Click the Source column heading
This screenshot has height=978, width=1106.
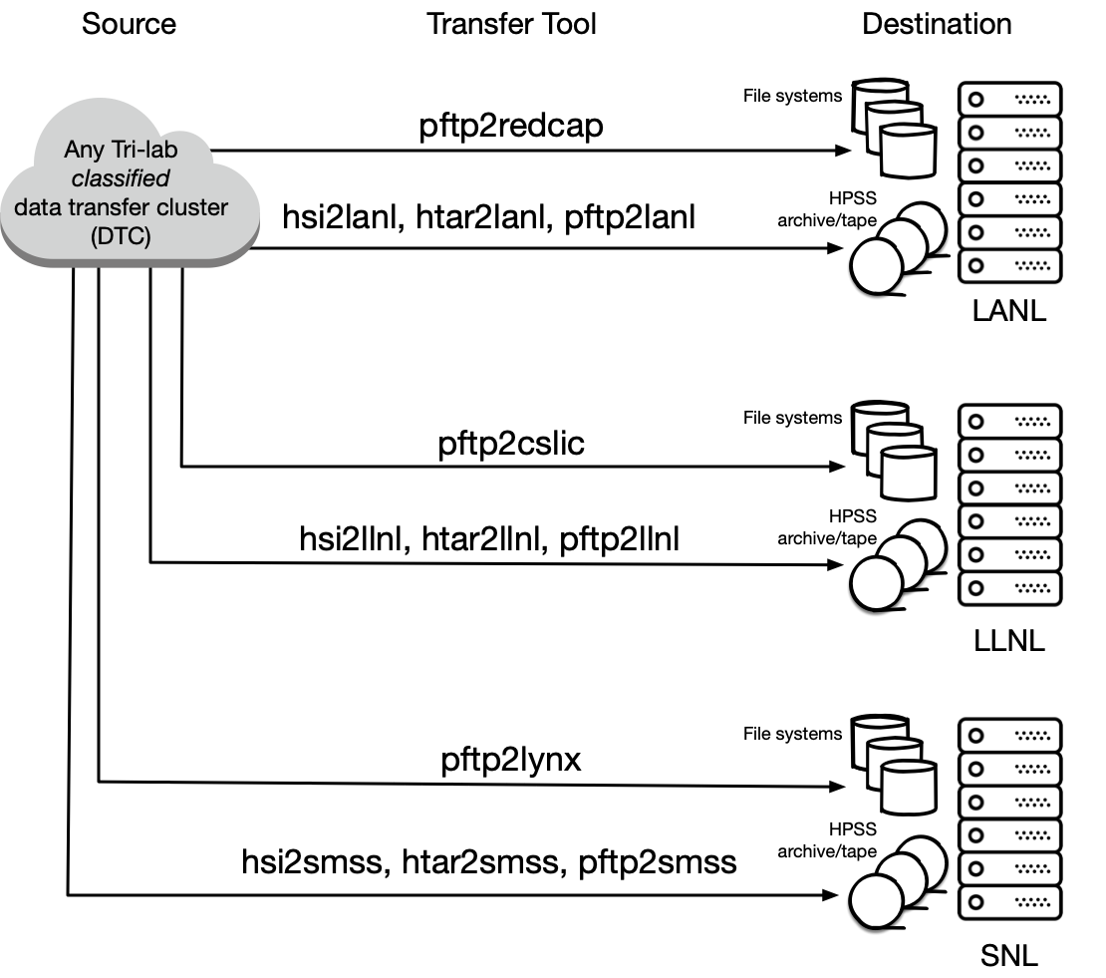click(129, 24)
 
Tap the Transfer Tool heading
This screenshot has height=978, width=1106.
click(511, 24)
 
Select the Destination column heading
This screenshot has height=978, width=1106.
click(937, 24)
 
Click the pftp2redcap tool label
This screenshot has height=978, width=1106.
click(511, 127)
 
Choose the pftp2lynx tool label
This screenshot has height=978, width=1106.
click(511, 761)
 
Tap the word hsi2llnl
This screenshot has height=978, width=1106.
click(354, 539)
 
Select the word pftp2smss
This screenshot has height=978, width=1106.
click(658, 863)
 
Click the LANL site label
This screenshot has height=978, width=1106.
click(1009, 311)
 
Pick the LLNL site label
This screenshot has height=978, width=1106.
click(1009, 641)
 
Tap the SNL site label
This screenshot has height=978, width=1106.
click(1009, 956)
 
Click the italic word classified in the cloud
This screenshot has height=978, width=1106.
click(121, 178)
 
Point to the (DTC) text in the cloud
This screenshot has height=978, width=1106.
click(121, 235)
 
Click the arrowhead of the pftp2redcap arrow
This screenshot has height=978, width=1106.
click(843, 151)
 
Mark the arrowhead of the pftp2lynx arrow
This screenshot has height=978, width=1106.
click(837, 786)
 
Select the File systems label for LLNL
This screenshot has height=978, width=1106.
click(793, 418)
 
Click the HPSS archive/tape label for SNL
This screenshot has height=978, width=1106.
click(827, 840)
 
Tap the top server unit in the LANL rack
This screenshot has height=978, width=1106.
click(1010, 99)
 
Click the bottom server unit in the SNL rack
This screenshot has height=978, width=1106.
click(1010, 902)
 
